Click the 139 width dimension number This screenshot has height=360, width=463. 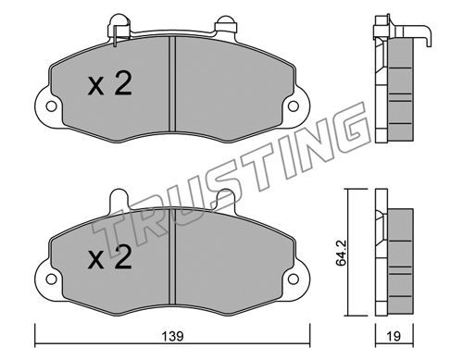coord(172,336)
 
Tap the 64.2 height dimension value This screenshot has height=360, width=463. coord(341,253)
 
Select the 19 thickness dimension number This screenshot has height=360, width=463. coord(394,336)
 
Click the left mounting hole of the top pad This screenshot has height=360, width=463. coord(51,106)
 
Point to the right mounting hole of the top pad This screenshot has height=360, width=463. coord(294,106)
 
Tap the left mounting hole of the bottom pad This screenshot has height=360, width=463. coord(51,279)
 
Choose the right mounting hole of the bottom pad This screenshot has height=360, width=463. coord(294,279)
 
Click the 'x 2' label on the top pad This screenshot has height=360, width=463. coord(110,83)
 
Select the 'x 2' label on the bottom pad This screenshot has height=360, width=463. coord(110,257)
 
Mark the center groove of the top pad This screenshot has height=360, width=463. coord(172,84)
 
